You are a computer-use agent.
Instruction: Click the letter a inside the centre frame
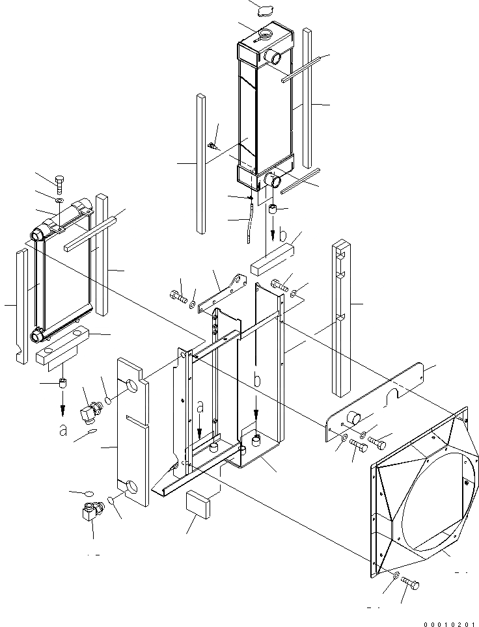pyautogui.click(x=200, y=408)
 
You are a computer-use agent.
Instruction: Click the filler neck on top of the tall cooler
pyautogui.click(x=266, y=33)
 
